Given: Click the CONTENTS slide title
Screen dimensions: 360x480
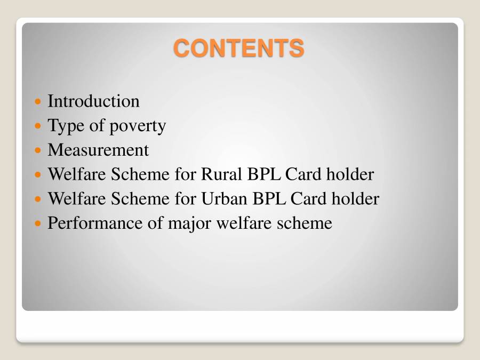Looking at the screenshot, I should tap(239, 48).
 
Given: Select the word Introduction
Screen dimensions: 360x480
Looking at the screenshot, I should tap(93, 101).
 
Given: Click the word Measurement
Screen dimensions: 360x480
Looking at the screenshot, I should tap(98, 150).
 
